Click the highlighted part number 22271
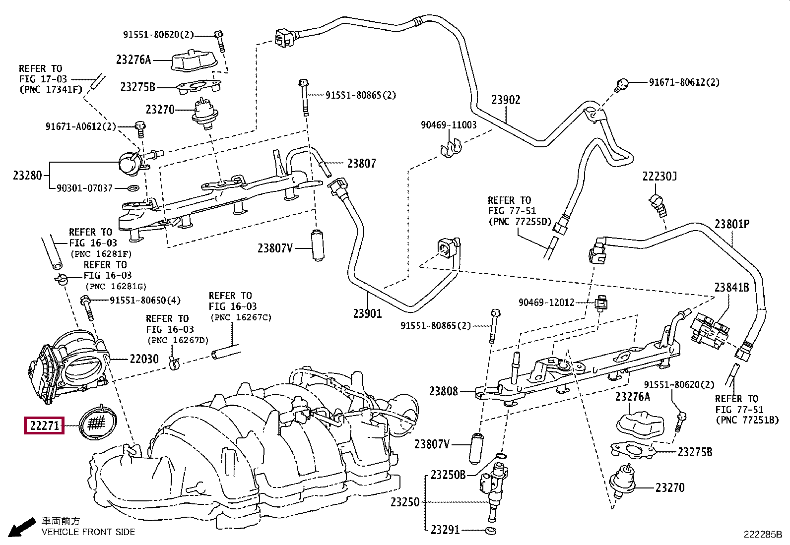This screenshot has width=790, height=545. click(x=44, y=425)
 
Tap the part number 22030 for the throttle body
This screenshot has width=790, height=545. click(x=144, y=359)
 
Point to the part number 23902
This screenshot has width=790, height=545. click(x=506, y=100)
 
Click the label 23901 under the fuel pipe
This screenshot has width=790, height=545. click(x=368, y=313)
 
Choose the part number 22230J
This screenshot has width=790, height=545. click(x=659, y=176)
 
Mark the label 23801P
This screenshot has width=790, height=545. click(x=732, y=224)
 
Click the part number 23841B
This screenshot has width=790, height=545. click(x=731, y=287)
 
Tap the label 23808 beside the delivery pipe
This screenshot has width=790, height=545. click(x=444, y=391)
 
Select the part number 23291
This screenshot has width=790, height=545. click(x=445, y=530)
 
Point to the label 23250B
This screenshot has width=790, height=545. click(x=448, y=475)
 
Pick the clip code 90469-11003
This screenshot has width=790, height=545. click(x=449, y=125)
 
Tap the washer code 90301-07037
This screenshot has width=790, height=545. click(x=85, y=188)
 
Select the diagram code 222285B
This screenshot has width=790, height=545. click(x=762, y=535)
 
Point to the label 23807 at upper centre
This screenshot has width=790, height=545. click(x=361, y=163)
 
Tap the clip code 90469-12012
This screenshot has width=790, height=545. click(x=546, y=302)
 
